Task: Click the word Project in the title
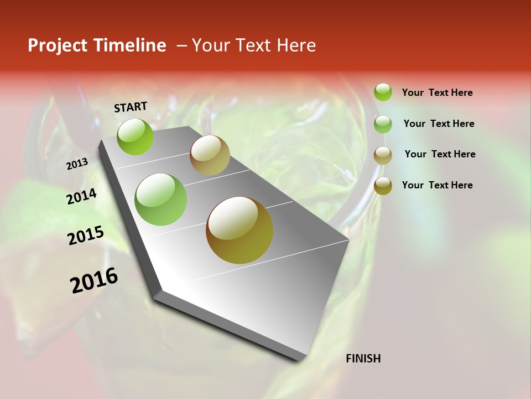(55, 46)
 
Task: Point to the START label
(131, 107)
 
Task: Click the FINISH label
(363, 359)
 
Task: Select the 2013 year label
(77, 163)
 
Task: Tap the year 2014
(81, 196)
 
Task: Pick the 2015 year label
(86, 236)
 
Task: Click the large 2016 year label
(94, 280)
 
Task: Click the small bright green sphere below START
(136, 136)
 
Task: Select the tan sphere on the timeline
(210, 155)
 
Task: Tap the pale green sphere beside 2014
(160, 199)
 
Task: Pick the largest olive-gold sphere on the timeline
(240, 230)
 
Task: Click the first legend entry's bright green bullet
(383, 92)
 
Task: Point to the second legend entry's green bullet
(383, 124)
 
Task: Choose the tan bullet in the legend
(383, 155)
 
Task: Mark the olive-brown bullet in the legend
(383, 186)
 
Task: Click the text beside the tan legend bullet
(440, 154)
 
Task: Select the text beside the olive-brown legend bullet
(437, 185)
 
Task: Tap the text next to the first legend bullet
(437, 93)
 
